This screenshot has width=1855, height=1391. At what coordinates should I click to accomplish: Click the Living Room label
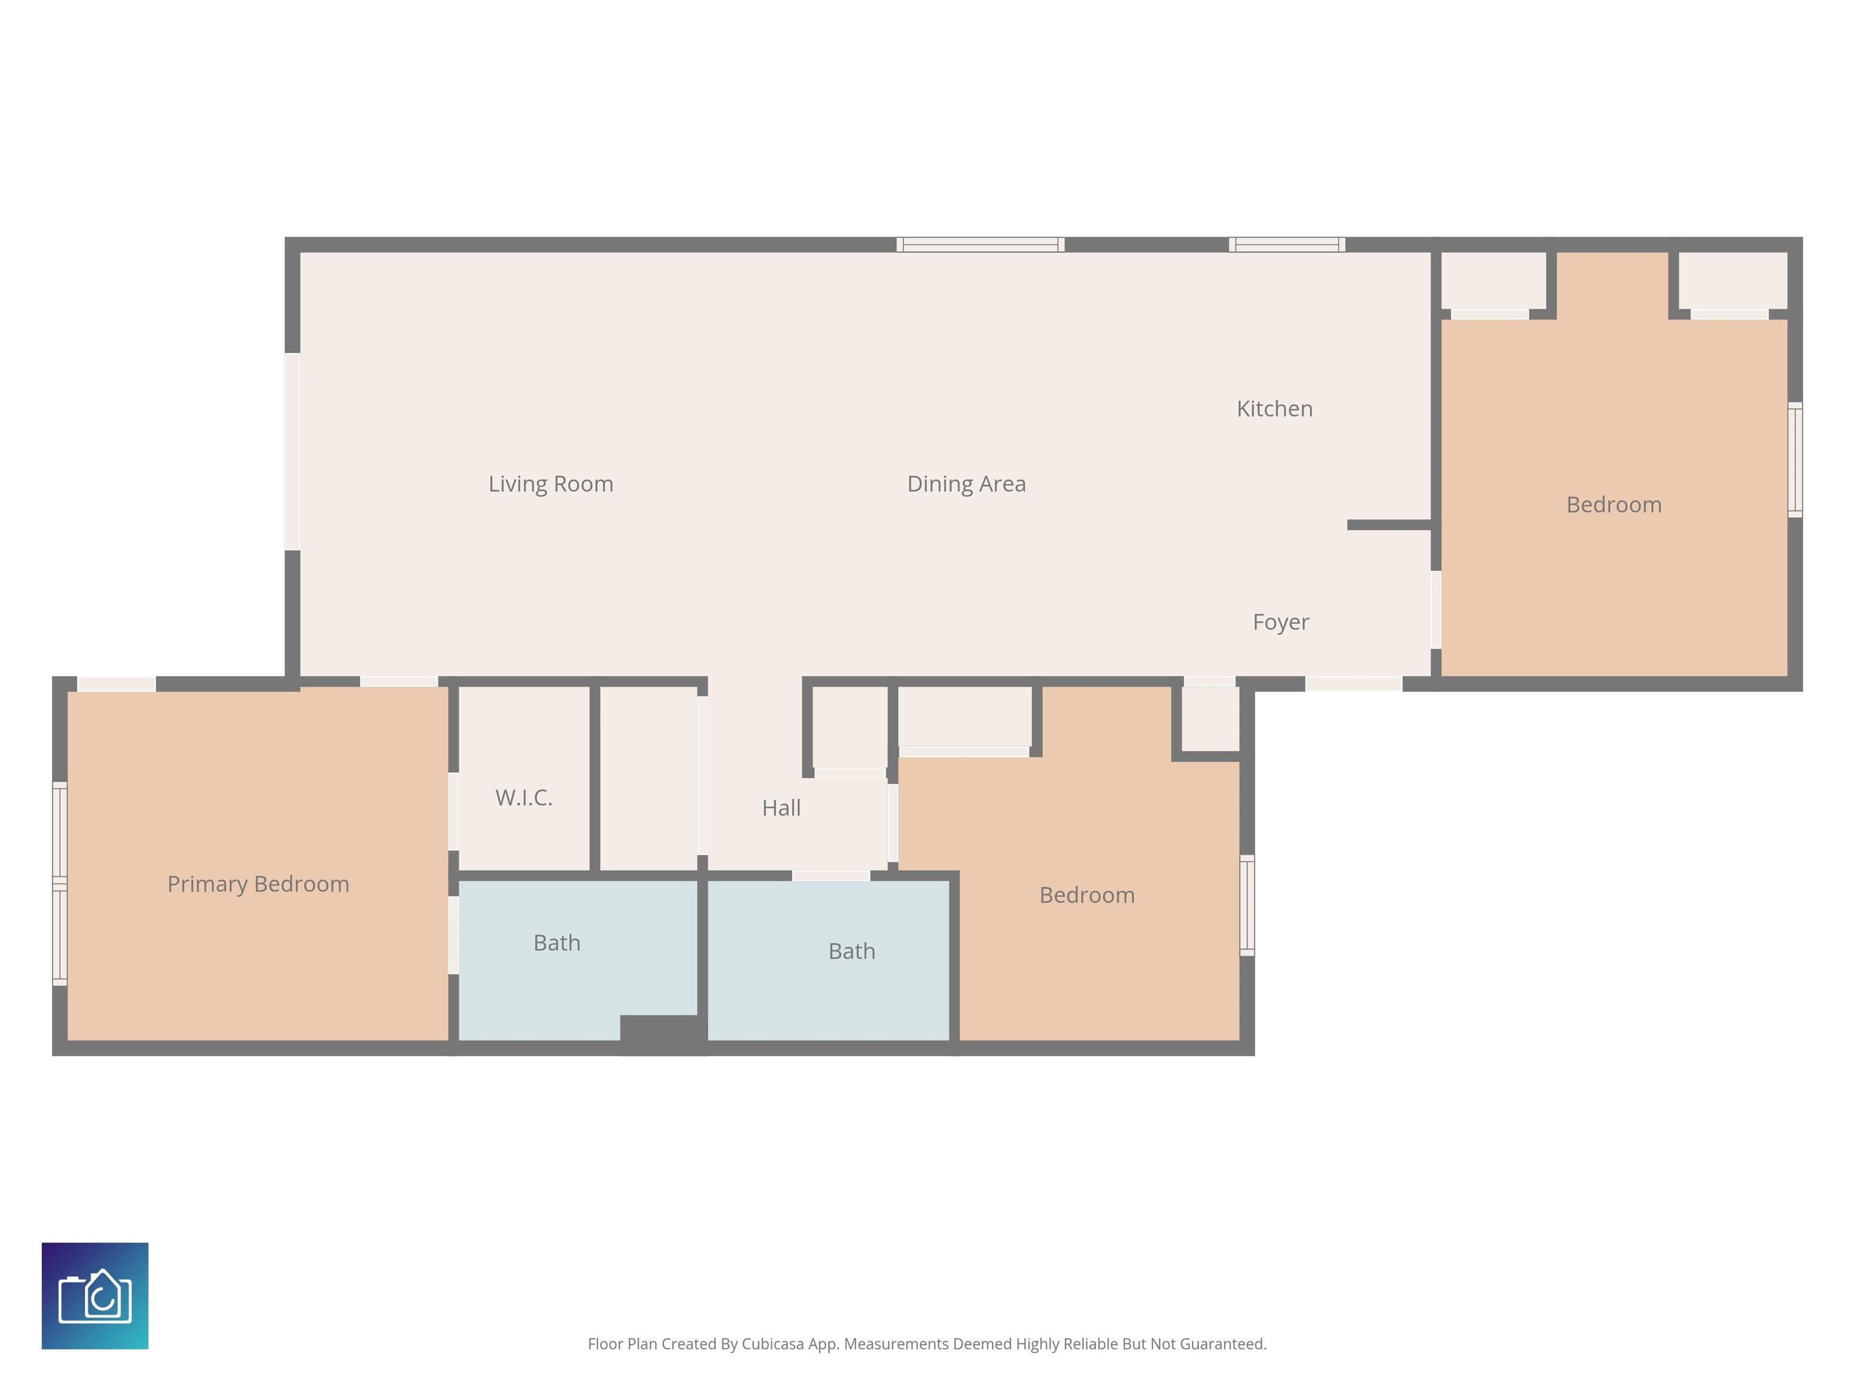[x=551, y=484]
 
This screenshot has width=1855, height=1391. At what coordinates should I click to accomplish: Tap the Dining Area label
[x=966, y=484]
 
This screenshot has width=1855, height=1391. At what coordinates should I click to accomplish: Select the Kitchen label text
[x=1274, y=409]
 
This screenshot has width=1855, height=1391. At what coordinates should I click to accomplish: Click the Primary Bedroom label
[x=258, y=884]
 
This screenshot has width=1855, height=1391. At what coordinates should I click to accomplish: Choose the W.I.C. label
[x=524, y=798]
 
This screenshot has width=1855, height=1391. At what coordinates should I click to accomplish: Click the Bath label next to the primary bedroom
[x=557, y=943]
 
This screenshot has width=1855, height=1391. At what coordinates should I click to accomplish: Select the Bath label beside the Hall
[x=851, y=951]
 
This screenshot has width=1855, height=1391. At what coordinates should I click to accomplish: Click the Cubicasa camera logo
[x=95, y=1296]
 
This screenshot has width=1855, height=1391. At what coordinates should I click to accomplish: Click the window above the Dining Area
[x=979, y=245]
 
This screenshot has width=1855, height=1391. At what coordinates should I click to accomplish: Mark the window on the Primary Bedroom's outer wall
[x=60, y=884]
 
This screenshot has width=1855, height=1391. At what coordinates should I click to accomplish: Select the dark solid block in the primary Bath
[x=661, y=1031]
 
